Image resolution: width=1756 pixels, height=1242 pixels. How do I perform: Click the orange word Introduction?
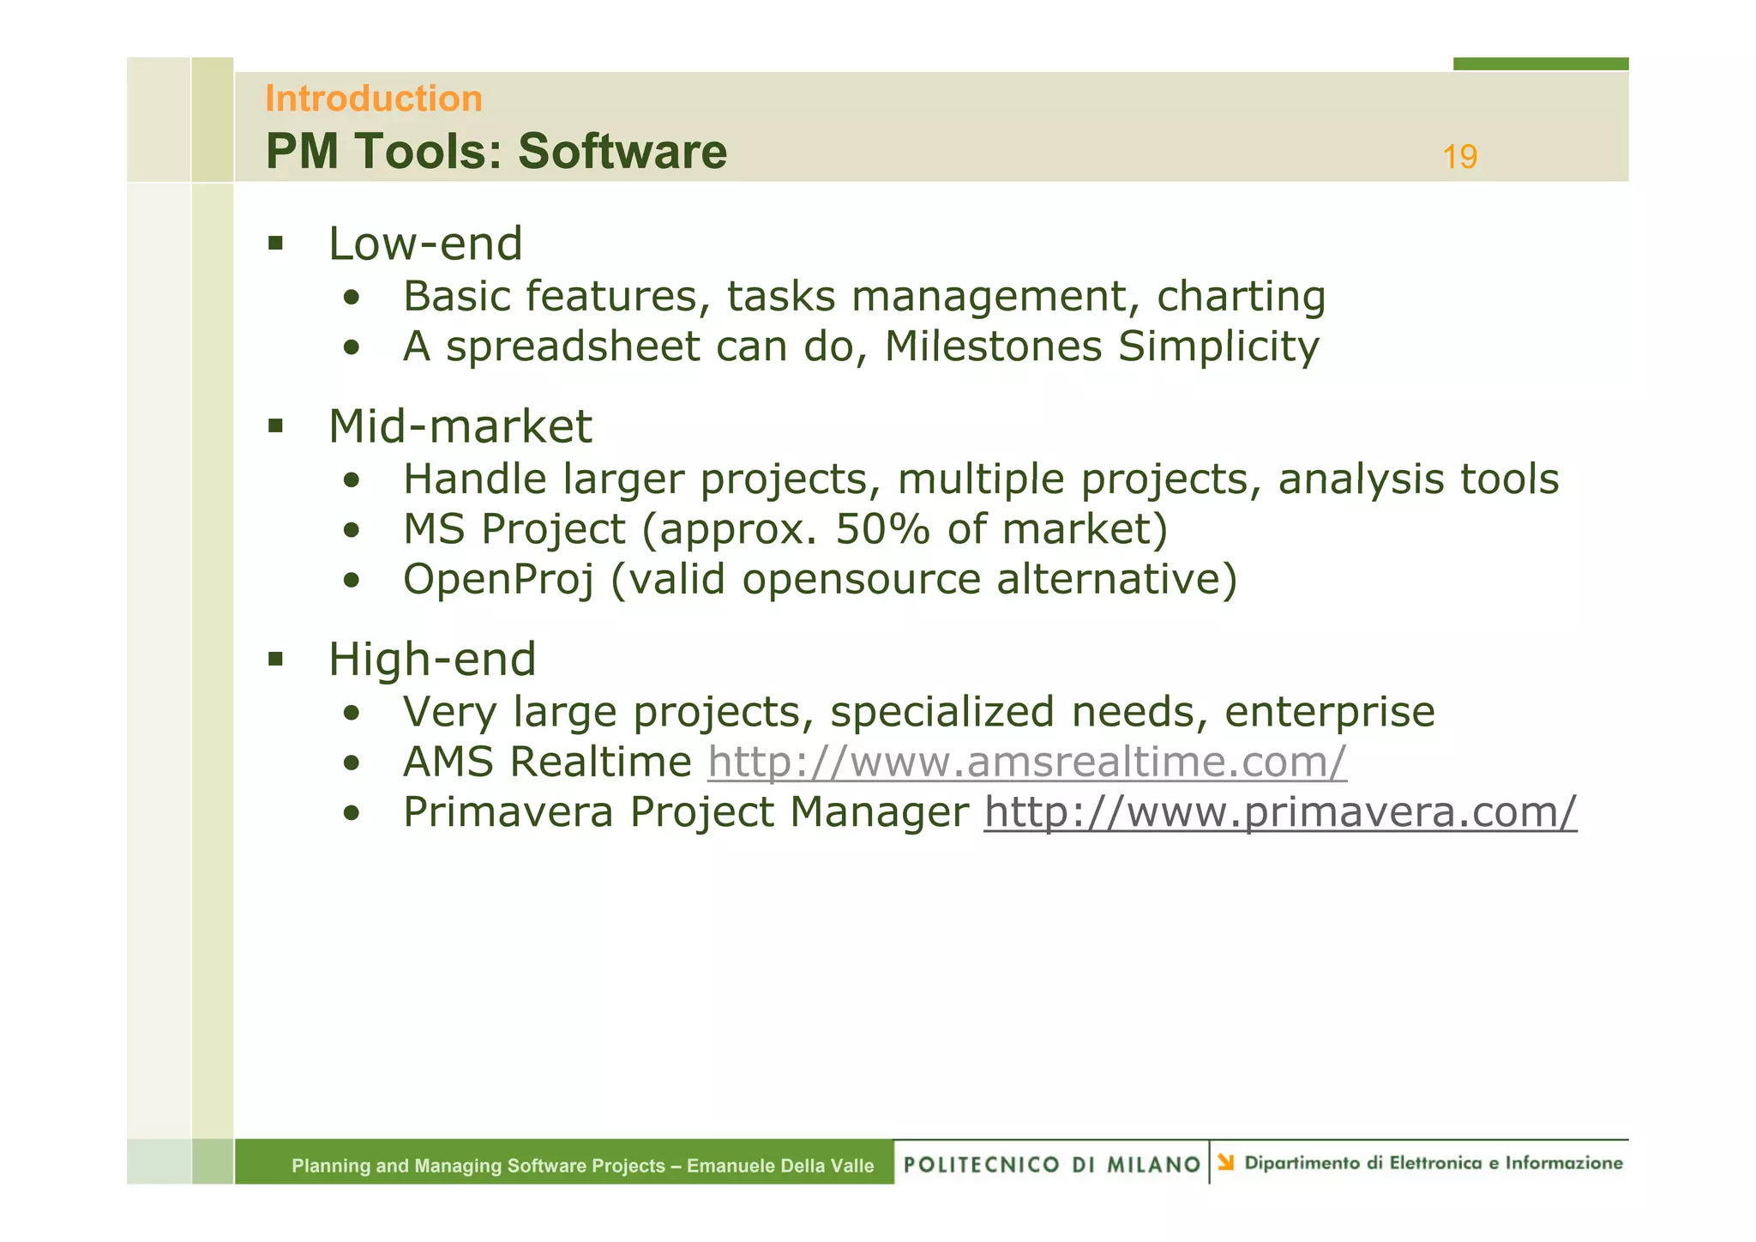373,99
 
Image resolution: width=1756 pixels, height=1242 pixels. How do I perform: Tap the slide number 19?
1459,157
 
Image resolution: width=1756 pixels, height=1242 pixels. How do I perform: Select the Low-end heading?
425,244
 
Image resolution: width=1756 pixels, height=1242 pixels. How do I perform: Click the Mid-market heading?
460,426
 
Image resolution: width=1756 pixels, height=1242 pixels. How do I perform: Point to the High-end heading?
432,660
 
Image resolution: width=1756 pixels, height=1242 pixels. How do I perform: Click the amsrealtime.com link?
1026,762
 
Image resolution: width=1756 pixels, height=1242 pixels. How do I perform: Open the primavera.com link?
1279,811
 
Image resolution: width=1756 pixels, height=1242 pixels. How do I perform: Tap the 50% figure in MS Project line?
882,529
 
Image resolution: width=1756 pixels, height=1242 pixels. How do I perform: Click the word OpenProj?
498,579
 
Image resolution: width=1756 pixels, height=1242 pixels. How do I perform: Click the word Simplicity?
1218,347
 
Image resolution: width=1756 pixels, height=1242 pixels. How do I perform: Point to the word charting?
1241,297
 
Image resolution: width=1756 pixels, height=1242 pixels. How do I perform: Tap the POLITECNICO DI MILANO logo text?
1051,1164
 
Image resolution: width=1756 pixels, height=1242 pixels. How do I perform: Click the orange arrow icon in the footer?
1226,1162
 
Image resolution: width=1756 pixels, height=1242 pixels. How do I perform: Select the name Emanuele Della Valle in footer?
779,1166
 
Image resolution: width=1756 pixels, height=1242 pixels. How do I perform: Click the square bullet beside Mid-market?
275,426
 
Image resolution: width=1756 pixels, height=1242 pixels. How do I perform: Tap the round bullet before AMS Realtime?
351,763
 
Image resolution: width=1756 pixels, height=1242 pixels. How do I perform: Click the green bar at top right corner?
1540,63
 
